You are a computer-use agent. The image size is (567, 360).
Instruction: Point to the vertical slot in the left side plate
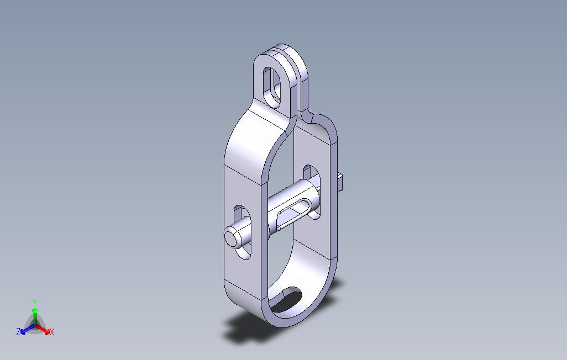coord(241,231)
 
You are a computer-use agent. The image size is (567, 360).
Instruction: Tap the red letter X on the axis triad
coord(51,332)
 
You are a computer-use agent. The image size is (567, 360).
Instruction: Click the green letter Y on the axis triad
coord(34,302)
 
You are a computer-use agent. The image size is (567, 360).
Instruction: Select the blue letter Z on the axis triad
coord(18,332)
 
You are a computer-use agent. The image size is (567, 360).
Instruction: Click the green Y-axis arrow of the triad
coord(34,314)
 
